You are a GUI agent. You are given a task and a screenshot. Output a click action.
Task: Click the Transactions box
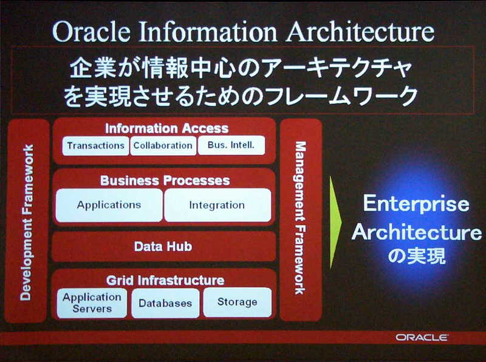(x=95, y=145)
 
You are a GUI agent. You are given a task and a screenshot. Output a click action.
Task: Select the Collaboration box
(x=163, y=145)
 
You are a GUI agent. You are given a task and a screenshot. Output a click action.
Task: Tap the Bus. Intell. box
(x=231, y=145)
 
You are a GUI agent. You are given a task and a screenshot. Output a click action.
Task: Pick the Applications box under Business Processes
(x=109, y=205)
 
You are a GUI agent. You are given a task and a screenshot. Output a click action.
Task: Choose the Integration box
(x=217, y=205)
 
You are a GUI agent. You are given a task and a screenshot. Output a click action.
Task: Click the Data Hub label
(x=163, y=246)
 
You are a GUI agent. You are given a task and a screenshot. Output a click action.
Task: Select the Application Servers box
(x=92, y=303)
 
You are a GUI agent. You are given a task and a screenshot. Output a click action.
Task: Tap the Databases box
(x=165, y=303)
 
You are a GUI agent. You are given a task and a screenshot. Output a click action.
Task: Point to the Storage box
(x=238, y=302)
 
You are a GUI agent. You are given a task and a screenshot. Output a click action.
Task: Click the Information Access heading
(x=166, y=128)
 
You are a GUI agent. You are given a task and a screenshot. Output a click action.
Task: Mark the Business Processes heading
(x=165, y=180)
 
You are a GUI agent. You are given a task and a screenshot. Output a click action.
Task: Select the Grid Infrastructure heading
(x=165, y=280)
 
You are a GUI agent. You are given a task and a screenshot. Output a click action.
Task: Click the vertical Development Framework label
(x=27, y=222)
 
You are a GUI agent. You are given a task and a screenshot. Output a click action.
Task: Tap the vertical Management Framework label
(x=300, y=218)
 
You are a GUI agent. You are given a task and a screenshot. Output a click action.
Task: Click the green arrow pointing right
(x=336, y=222)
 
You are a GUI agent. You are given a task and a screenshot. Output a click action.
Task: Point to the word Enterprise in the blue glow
(x=416, y=204)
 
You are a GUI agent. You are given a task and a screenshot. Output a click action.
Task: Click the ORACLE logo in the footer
(x=422, y=338)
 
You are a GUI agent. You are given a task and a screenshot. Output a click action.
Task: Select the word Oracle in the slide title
(x=92, y=32)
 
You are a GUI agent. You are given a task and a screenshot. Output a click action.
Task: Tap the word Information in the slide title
(x=208, y=32)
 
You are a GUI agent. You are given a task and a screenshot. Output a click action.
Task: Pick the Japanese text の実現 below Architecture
(x=417, y=256)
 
